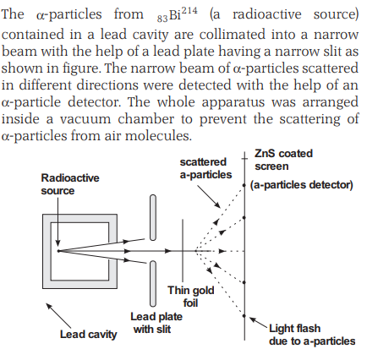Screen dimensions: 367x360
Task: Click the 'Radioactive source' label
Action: [70, 184]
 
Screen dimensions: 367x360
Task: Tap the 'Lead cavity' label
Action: [88, 335]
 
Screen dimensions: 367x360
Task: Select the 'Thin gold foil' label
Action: [191, 297]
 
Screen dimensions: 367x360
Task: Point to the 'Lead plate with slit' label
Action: [156, 323]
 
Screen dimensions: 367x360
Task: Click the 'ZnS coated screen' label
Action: [283, 160]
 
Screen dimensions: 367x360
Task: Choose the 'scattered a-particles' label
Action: [205, 168]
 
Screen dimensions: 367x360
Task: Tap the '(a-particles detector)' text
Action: [302, 185]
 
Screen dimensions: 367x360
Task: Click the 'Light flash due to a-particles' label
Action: [312, 335]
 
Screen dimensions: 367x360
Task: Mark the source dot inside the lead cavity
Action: [58, 251]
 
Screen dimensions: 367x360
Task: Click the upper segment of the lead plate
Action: [153, 218]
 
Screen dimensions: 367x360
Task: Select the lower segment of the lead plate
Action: [153, 284]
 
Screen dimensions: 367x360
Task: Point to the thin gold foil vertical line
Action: [183, 250]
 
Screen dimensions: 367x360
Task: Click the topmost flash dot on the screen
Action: [244, 185]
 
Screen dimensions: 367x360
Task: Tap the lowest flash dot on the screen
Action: [244, 316]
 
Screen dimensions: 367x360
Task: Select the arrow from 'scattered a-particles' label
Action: [209, 196]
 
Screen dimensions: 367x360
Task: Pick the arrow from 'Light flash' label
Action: [259, 323]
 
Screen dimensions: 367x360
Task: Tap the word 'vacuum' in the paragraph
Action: [85, 119]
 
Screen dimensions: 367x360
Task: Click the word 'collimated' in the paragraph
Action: [233, 35]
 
